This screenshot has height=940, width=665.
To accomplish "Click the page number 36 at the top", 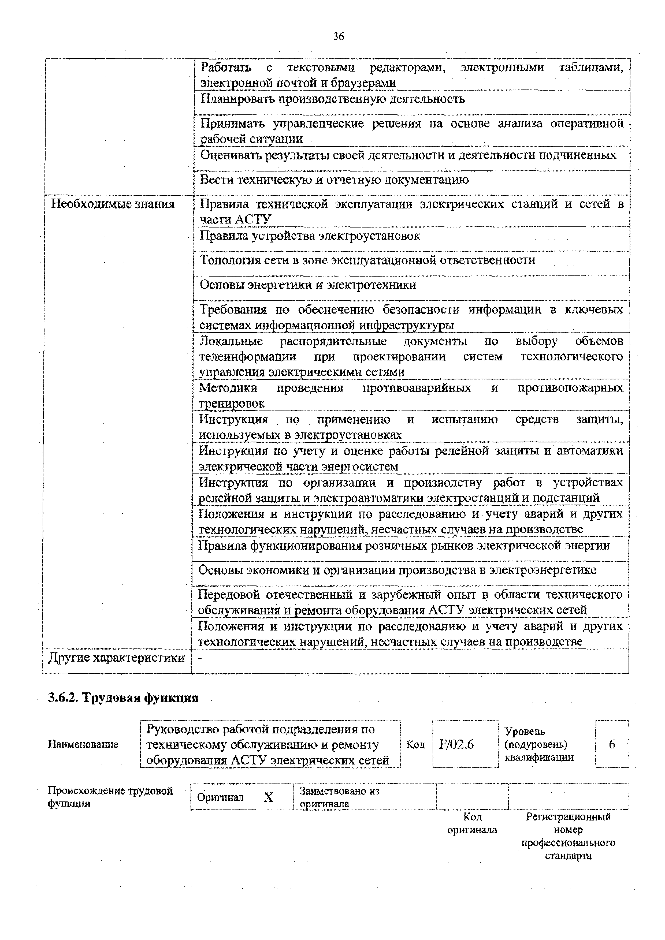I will pos(338,36).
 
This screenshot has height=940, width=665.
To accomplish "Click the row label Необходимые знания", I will pos(113,204).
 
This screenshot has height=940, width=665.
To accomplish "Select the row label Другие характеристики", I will pos(116,658).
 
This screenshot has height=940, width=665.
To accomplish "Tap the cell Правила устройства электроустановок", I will pos(310,236).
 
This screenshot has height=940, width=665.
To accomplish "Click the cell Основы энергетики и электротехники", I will pos(308,285).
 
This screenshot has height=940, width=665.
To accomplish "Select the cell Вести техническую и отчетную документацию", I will pos(334,180).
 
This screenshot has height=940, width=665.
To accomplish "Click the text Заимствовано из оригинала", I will pos(339,797).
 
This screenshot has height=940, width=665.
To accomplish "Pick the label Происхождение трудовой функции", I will pos(110,797).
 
